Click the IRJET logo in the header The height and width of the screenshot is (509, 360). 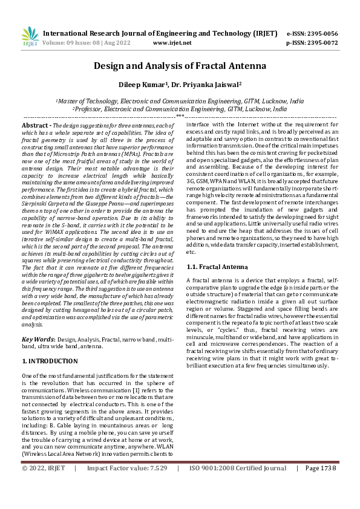pos(30,37)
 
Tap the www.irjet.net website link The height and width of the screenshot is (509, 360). pos(172,43)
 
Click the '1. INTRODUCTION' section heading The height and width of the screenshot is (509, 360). pos(50,361)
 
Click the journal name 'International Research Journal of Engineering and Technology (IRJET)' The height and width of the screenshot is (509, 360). pos(159,33)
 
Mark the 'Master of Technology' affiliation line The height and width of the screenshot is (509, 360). pos(180,102)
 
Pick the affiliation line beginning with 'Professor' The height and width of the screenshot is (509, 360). pos(180,109)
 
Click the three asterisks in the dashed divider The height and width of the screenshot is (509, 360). pos(180,115)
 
